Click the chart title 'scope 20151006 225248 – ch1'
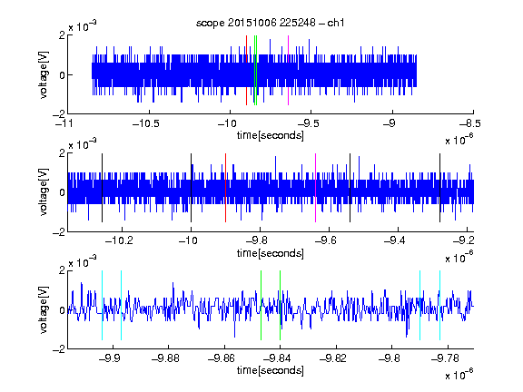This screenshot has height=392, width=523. (x=271, y=23)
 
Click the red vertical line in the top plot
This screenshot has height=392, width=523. (x=246, y=70)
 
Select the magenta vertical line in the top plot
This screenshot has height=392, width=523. (x=288, y=70)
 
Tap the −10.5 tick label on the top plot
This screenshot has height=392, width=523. (x=146, y=123)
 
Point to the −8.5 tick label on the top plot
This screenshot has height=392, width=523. (x=470, y=123)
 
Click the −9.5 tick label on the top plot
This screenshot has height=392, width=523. (x=308, y=123)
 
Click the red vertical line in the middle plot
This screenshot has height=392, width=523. (x=225, y=188)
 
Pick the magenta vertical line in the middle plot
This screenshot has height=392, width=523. (x=316, y=188)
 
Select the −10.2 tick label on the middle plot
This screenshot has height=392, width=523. (x=119, y=240)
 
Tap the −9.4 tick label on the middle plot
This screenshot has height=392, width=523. (x=395, y=240)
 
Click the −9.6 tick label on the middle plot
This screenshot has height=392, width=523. (x=326, y=240)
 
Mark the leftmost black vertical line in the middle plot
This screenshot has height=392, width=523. (x=102, y=188)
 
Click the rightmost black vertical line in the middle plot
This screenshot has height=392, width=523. (x=439, y=188)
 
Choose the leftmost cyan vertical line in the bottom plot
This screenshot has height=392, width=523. (x=102, y=305)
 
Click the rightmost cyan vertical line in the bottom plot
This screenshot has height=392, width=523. (x=439, y=305)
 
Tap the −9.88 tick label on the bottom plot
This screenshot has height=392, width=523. (x=165, y=358)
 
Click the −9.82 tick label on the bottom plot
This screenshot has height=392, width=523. (x=333, y=358)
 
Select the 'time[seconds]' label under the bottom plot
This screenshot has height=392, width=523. (x=271, y=370)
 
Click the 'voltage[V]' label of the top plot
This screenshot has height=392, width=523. (x=44, y=74)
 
